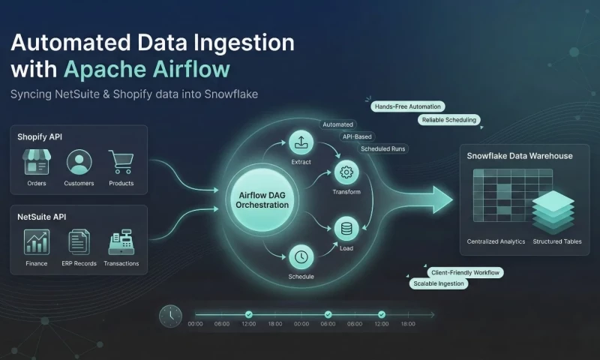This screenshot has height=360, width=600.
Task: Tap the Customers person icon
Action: click(x=79, y=161)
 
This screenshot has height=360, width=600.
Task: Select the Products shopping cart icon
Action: click(x=121, y=161)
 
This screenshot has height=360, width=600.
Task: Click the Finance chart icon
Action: click(x=36, y=241)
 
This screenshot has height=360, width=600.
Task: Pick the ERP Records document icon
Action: click(x=79, y=241)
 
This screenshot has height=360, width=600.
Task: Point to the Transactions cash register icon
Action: click(x=121, y=241)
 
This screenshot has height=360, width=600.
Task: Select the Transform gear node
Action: click(x=346, y=172)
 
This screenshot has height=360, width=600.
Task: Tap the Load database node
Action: click(x=346, y=228)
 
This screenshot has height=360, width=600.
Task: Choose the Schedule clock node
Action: click(x=300, y=256)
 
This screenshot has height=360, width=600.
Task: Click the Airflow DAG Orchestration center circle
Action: click(x=257, y=199)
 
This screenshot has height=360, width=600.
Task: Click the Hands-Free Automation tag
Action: click(x=407, y=106)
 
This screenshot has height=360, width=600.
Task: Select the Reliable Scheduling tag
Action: click(x=448, y=120)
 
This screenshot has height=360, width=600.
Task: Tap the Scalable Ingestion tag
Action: click(x=439, y=284)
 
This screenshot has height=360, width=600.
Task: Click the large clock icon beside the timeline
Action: click(x=170, y=316)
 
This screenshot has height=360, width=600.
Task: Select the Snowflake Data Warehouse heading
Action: click(x=520, y=156)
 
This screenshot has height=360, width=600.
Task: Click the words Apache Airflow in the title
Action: click(x=146, y=69)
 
